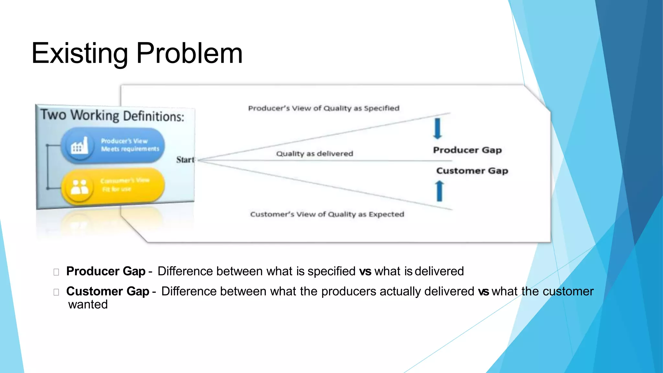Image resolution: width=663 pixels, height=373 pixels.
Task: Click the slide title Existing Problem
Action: click(x=137, y=53)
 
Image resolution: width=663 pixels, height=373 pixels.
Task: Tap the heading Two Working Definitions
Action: click(x=112, y=116)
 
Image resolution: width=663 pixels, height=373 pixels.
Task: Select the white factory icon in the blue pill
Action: click(x=79, y=146)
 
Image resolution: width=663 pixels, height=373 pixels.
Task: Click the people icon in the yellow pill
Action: click(x=79, y=186)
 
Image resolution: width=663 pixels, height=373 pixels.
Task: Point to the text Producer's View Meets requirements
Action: click(x=130, y=145)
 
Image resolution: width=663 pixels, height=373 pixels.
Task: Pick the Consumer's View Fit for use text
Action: click(x=125, y=185)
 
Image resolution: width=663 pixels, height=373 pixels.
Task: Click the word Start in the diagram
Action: click(x=185, y=160)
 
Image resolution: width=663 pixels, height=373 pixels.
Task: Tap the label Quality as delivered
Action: click(x=314, y=153)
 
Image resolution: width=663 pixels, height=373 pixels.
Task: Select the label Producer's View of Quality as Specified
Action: click(x=324, y=108)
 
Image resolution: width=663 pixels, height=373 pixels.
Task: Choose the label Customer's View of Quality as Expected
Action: click(x=327, y=214)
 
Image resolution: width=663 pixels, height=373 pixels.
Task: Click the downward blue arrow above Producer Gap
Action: click(x=437, y=129)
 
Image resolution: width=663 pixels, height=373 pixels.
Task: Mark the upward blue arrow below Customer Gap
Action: click(x=439, y=191)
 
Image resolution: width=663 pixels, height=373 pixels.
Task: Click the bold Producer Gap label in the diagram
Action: click(x=467, y=150)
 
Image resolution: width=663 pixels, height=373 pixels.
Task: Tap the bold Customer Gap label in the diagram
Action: click(x=472, y=171)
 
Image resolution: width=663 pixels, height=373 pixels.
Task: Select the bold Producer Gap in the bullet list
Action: click(x=106, y=271)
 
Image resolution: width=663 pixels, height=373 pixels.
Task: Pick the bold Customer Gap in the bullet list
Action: click(x=107, y=291)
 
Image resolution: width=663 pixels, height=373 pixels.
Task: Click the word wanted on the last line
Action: click(x=88, y=305)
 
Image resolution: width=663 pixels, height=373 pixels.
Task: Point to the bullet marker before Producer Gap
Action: click(x=56, y=272)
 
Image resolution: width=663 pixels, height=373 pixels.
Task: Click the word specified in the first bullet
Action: click(x=331, y=271)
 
